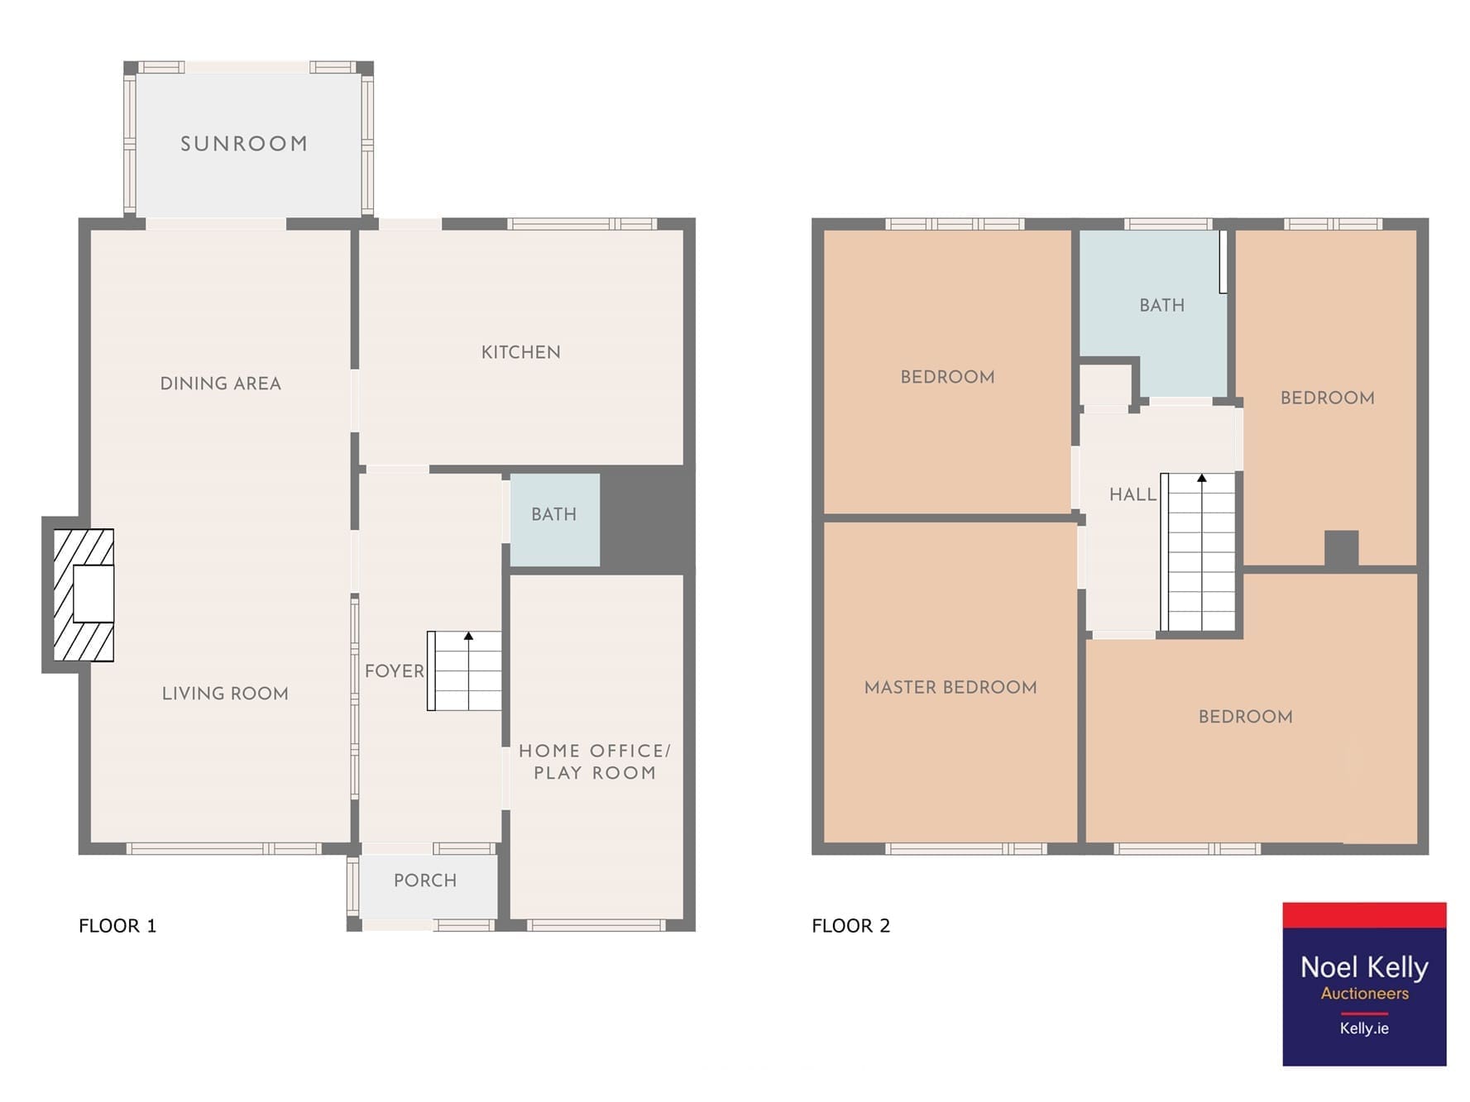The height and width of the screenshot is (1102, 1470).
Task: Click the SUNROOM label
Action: coord(244,144)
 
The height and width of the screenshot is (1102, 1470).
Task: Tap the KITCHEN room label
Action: coord(521,352)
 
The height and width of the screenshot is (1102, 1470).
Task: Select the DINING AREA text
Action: coord(221,384)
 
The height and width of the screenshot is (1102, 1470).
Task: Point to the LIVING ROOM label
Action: coord(225,694)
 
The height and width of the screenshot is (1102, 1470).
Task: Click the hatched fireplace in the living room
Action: coord(84,595)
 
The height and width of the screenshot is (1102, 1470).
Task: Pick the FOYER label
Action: coord(395,671)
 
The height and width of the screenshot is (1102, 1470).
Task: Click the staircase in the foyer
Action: coord(465,671)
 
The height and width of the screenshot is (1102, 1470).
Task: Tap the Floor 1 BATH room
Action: coord(554,519)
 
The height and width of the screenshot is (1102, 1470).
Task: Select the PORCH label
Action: coord(425,880)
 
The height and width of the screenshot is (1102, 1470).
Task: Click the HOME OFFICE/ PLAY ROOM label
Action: coord(595,761)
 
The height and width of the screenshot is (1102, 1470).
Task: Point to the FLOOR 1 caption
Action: coord(117,926)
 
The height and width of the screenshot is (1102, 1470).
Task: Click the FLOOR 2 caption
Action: coord(851,926)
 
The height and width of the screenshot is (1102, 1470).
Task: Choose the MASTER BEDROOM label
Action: coord(950,688)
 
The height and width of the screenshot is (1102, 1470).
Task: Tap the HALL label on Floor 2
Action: coord(1132,495)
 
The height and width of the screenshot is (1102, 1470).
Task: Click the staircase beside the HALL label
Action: coord(1199,552)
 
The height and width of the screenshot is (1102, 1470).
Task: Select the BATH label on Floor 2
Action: coord(1162,306)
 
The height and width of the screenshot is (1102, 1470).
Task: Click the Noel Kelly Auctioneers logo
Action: coord(1365,984)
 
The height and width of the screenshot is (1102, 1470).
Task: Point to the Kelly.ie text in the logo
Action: coord(1365,1028)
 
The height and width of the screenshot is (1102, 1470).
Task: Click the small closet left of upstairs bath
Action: coord(1106,384)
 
